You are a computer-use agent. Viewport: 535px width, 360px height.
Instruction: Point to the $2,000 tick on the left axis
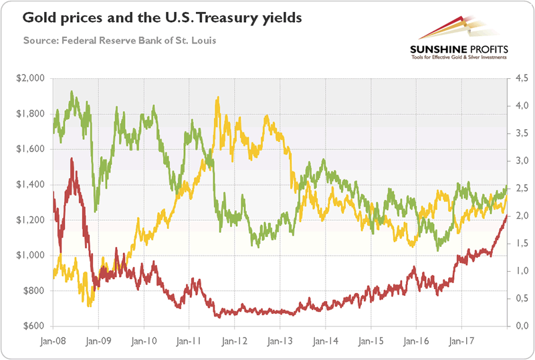(x=30, y=78)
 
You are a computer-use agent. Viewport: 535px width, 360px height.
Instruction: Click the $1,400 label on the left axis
(x=30, y=185)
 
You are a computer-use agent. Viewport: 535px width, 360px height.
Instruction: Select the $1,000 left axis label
(x=30, y=256)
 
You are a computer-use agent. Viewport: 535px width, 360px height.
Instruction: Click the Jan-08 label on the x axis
(x=52, y=341)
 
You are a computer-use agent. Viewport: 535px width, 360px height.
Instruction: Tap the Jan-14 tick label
(x=325, y=341)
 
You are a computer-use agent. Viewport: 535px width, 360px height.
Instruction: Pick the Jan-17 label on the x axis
(x=461, y=341)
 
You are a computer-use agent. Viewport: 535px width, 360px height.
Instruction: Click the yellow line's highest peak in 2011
(x=217, y=98)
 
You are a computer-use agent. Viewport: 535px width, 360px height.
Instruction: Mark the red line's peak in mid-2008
(x=72, y=160)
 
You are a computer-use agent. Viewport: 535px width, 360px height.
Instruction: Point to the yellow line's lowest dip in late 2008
(x=90, y=305)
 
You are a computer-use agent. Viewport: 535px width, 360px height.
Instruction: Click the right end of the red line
(x=506, y=215)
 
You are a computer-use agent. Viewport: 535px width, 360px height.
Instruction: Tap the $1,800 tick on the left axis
(x=30, y=114)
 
